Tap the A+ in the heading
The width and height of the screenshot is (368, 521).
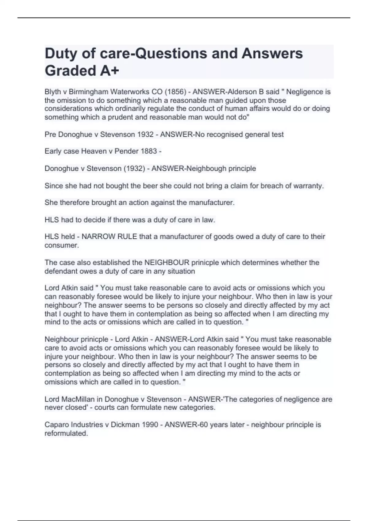tap(109, 71)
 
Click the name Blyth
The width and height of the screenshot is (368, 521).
tap(53, 92)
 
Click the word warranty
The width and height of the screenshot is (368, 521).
tap(308, 186)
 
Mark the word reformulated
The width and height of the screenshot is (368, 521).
tap(66, 433)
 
